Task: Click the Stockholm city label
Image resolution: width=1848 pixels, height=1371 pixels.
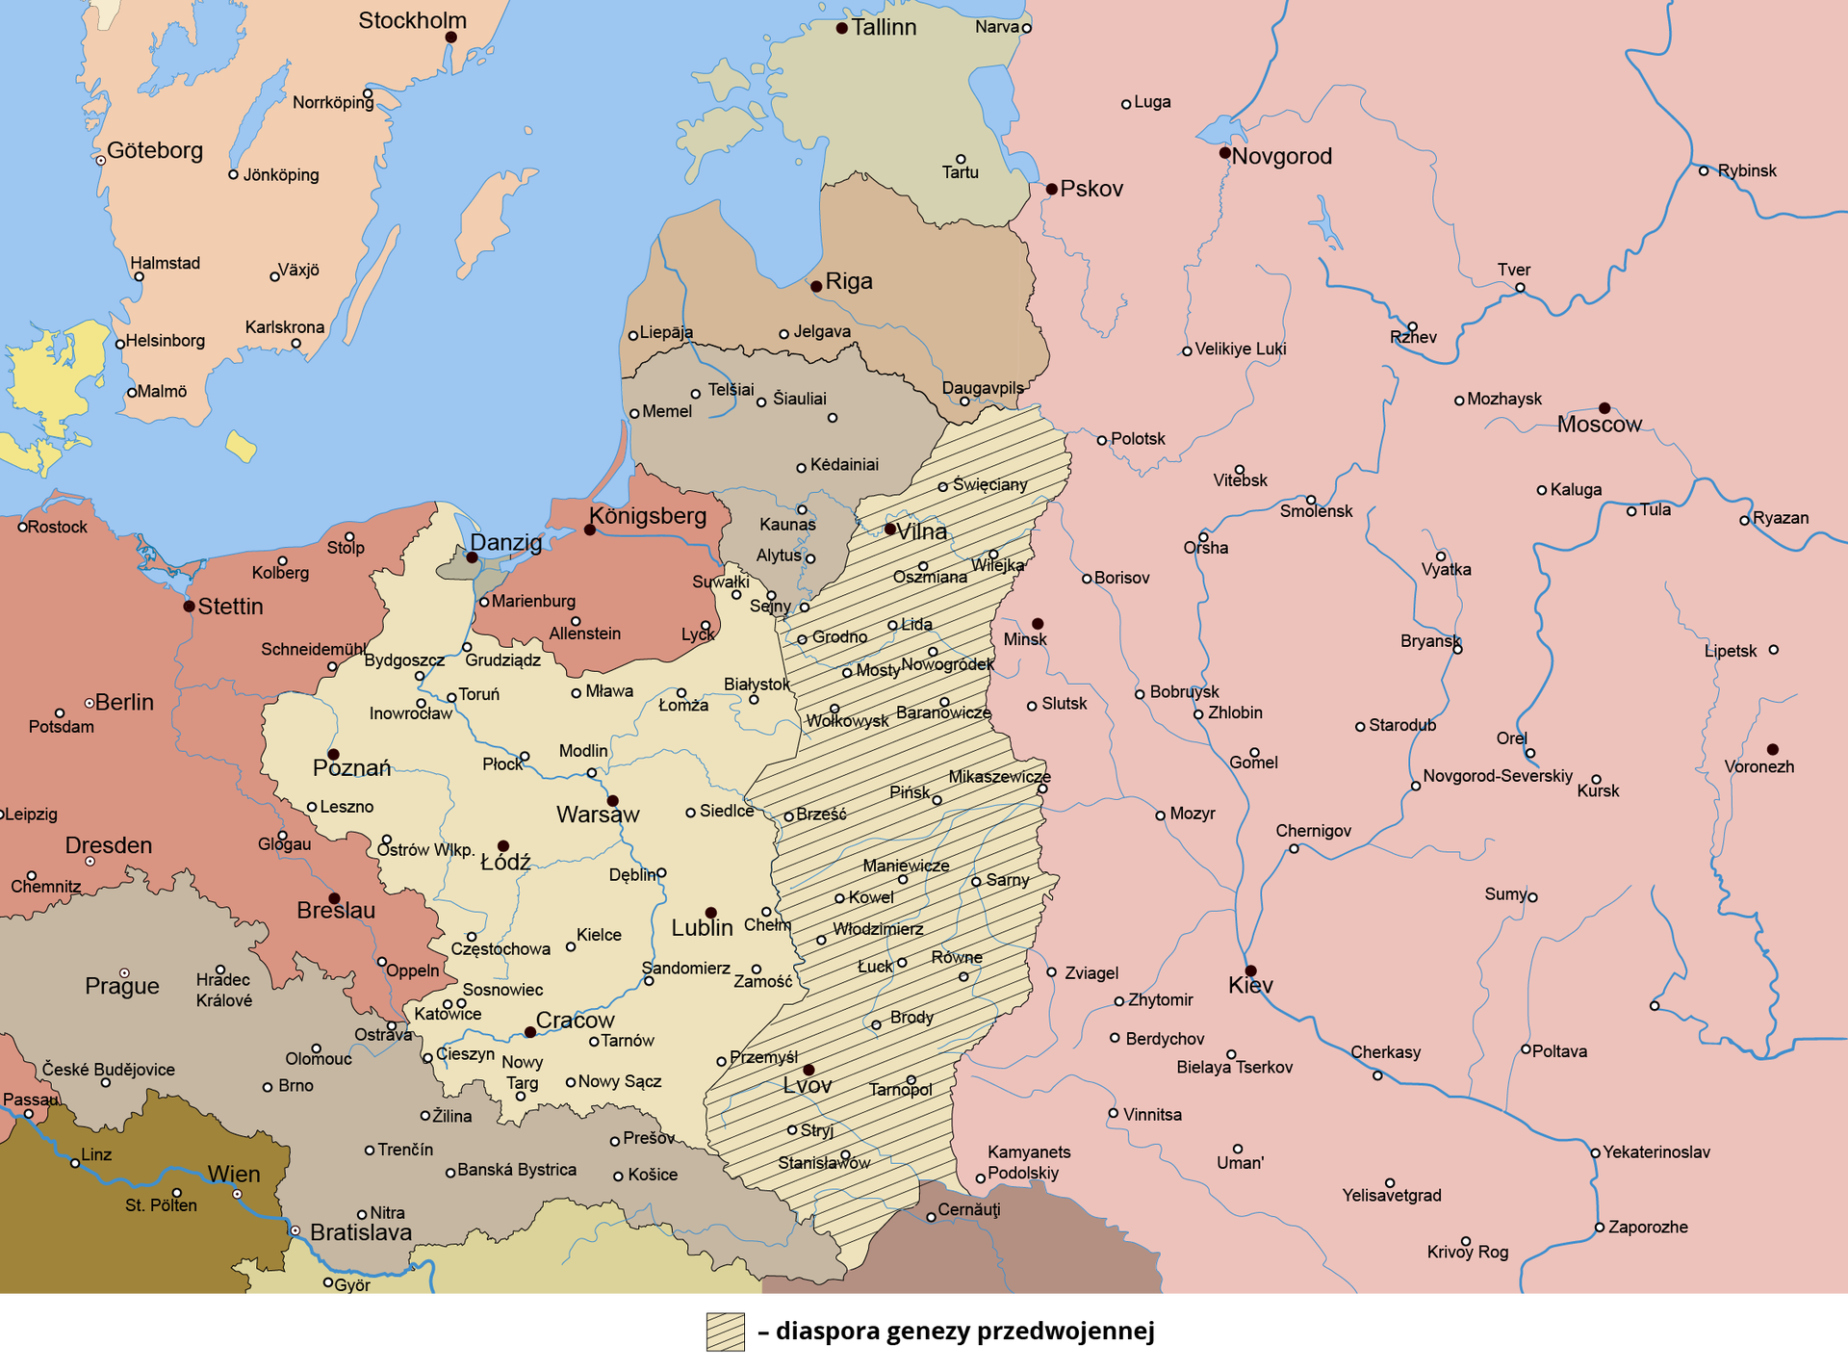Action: [x=412, y=20]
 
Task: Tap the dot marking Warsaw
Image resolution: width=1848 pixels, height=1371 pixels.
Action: [x=612, y=801]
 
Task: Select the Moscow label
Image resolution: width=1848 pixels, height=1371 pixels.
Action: [x=1599, y=425]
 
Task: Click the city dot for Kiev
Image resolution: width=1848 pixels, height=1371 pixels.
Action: [x=1250, y=970]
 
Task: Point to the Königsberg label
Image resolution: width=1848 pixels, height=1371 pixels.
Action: [x=648, y=516]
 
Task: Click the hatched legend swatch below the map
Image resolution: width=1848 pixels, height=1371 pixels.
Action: [x=726, y=1332]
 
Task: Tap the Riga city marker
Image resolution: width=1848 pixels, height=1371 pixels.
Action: [x=816, y=286]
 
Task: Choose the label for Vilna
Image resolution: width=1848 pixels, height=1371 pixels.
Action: [x=922, y=531]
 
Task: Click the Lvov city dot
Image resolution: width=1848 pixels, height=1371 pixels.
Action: [x=808, y=1070]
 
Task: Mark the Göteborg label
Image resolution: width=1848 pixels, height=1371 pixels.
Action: [x=155, y=150]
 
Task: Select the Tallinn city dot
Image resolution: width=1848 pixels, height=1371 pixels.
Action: [x=842, y=28]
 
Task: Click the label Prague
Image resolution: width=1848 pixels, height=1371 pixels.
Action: [x=122, y=986]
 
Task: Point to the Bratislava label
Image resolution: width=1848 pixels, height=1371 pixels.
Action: [x=361, y=1232]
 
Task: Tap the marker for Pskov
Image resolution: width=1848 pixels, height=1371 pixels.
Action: [x=1052, y=190]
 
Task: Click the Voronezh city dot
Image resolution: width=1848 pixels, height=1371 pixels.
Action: [x=1772, y=749]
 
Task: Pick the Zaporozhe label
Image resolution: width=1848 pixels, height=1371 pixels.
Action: [x=1648, y=1228]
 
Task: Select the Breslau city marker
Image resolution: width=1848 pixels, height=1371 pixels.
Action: [x=334, y=898]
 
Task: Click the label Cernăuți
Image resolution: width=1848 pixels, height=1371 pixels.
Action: [x=969, y=1210]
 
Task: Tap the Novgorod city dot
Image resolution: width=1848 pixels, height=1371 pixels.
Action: [x=1224, y=153]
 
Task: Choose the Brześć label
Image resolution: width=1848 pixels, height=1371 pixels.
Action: [x=821, y=815]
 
